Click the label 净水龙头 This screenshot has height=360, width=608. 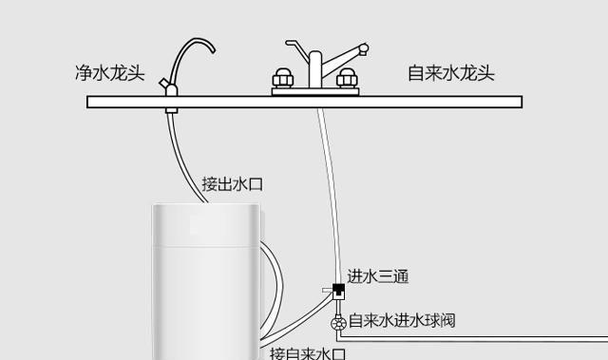(x=109, y=73)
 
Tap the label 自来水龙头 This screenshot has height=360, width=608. (x=450, y=73)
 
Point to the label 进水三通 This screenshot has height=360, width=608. (x=377, y=277)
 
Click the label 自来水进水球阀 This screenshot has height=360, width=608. (x=403, y=321)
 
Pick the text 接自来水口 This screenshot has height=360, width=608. (x=306, y=353)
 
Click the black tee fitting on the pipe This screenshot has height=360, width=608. (x=337, y=289)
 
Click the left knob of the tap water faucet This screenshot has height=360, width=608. (x=283, y=77)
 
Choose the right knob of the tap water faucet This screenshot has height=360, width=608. (x=347, y=77)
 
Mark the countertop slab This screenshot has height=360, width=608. (x=304, y=100)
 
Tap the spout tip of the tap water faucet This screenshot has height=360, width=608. (x=364, y=47)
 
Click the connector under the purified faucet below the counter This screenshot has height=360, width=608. (x=170, y=110)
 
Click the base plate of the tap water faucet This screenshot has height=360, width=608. (x=314, y=92)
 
